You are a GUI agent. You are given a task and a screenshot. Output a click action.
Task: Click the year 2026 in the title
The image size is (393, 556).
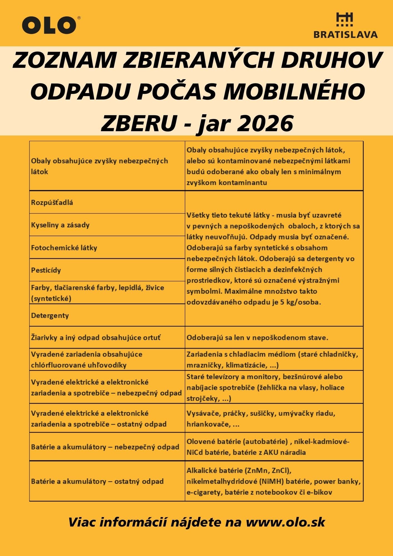[x=265, y=123]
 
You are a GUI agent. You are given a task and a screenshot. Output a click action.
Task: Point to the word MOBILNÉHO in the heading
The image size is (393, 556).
[x=295, y=91]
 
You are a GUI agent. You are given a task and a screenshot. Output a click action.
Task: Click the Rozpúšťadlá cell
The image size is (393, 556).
[x=52, y=202]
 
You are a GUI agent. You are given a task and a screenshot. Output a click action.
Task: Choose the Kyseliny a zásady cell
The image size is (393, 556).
[x=60, y=225]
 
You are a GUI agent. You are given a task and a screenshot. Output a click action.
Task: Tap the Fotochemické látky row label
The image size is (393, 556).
[x=64, y=248]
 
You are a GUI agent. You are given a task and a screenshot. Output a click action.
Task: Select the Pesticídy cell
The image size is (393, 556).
[x=46, y=270]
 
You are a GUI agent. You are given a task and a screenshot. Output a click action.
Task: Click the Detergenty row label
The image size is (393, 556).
[x=50, y=316]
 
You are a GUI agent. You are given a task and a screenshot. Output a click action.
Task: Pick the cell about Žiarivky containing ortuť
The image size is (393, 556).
[x=96, y=338]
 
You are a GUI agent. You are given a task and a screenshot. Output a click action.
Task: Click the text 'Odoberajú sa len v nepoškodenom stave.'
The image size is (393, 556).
[x=257, y=338]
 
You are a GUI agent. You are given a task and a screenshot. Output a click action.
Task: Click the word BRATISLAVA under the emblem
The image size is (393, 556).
[x=345, y=34]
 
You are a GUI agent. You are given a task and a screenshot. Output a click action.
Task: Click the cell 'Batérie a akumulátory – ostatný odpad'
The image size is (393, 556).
[x=97, y=481]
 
